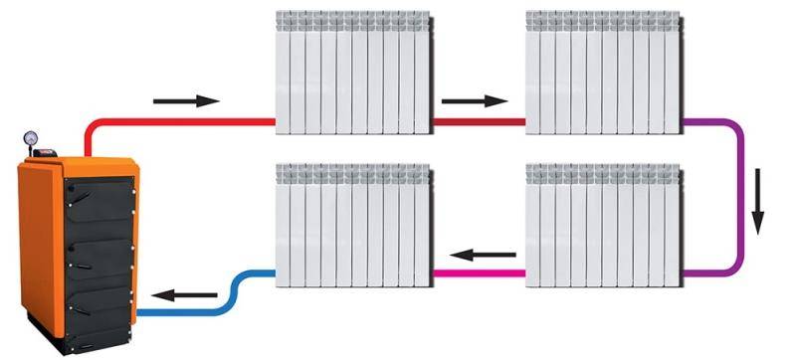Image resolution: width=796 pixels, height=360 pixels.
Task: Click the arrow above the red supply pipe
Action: [x=186, y=100]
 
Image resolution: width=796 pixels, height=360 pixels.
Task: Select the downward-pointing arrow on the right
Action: [x=760, y=198]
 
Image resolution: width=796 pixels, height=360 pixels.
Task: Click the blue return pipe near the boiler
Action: [x=189, y=311]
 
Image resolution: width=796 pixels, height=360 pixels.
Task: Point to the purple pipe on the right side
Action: [x=742, y=199]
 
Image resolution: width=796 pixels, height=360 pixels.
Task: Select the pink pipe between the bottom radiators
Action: [x=478, y=271]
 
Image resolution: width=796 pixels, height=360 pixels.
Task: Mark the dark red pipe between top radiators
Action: [x=478, y=121]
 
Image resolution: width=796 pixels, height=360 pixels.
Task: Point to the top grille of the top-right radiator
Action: [x=604, y=19]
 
